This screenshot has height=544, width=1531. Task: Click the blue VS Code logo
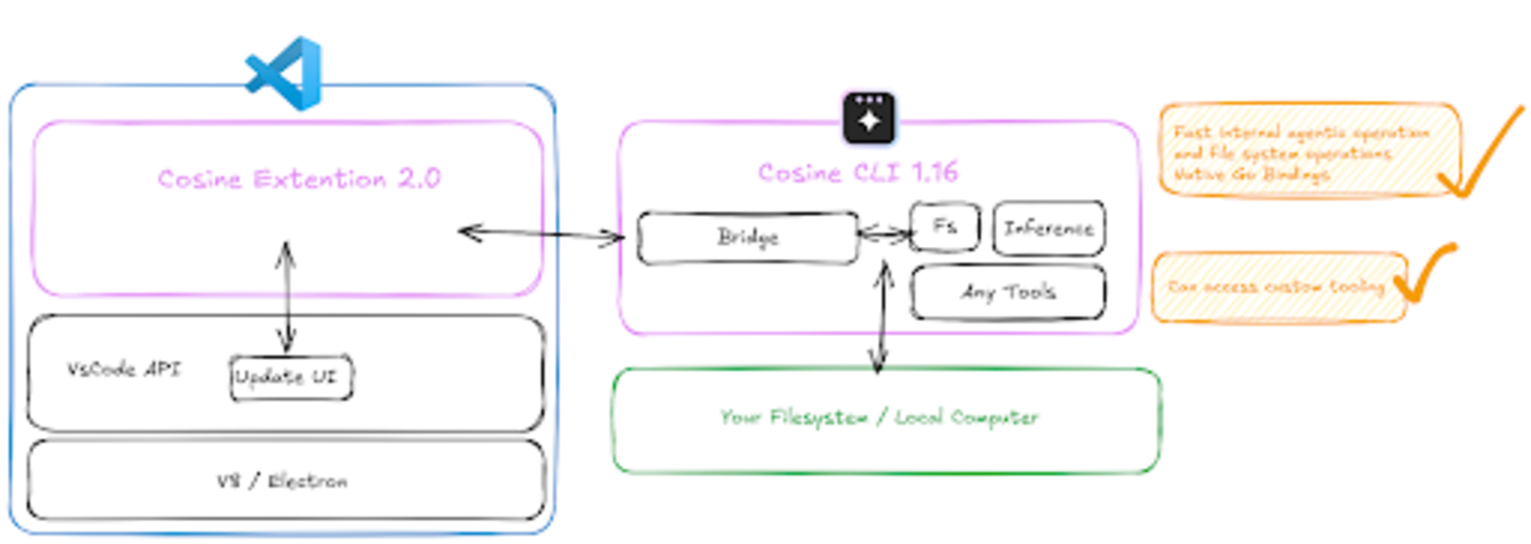pyautogui.click(x=285, y=73)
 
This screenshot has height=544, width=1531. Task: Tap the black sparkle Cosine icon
pyautogui.click(x=869, y=119)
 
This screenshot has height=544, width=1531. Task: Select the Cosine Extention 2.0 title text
pyautogui.click(x=299, y=179)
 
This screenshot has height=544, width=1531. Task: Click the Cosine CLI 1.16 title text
pyautogui.click(x=857, y=172)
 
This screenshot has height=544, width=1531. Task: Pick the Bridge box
pyautogui.click(x=747, y=237)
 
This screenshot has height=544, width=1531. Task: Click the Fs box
pyautogui.click(x=944, y=227)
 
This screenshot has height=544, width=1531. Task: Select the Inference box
pyautogui.click(x=1049, y=228)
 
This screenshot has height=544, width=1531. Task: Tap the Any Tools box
pyautogui.click(x=1009, y=293)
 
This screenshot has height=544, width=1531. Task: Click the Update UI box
pyautogui.click(x=288, y=377)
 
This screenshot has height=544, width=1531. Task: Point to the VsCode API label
pyautogui.click(x=123, y=369)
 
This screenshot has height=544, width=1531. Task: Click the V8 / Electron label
pyautogui.click(x=282, y=481)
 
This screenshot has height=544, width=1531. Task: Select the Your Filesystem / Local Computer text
pyautogui.click(x=878, y=418)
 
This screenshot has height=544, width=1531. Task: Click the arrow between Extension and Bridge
pyautogui.click(x=542, y=234)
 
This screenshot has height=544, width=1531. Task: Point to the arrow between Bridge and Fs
pyautogui.click(x=884, y=232)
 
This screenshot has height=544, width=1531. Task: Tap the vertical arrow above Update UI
pyautogui.click(x=285, y=296)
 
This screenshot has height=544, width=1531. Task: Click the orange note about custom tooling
pyautogui.click(x=1276, y=287)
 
